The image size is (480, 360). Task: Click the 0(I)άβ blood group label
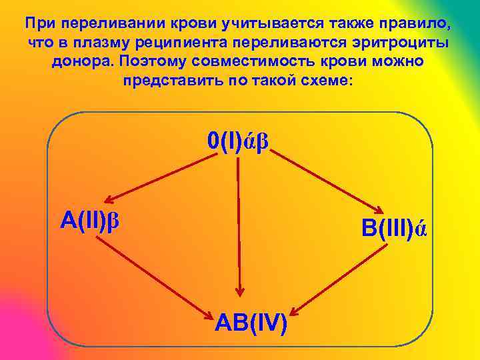(238, 142)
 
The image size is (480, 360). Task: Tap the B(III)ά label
(394, 229)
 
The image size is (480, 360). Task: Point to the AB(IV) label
(251, 323)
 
